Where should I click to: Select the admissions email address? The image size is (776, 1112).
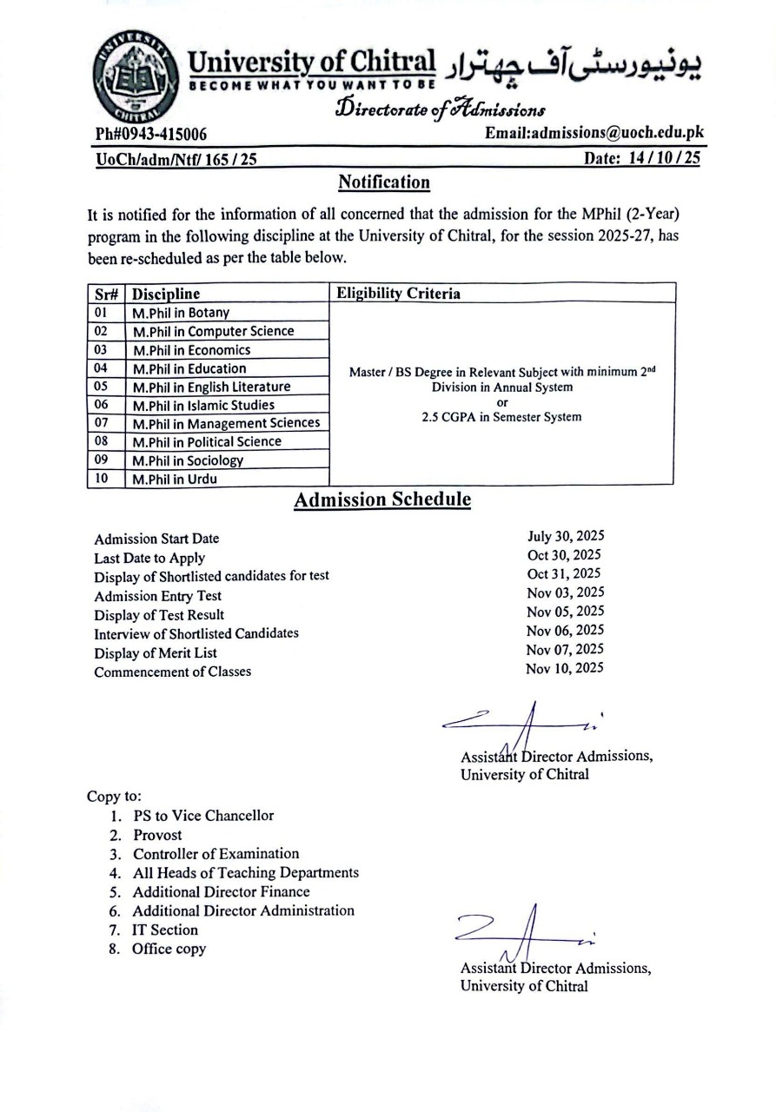[x=594, y=133]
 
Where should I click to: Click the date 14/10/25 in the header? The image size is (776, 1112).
[x=644, y=159]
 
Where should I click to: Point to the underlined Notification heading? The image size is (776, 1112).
[x=383, y=182]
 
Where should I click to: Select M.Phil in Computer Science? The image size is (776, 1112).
[x=213, y=331]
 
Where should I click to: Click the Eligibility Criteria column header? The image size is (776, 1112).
[x=398, y=294]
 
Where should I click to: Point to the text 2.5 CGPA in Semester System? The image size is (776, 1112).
[x=501, y=417]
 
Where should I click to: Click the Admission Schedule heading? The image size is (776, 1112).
[x=382, y=500]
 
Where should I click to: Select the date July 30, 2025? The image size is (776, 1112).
[x=565, y=536]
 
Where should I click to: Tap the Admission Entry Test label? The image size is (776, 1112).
[x=157, y=596]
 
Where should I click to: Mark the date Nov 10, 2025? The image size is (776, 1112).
[x=564, y=668]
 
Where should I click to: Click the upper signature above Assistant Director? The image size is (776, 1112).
[x=522, y=720]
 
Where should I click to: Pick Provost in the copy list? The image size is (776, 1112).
[x=157, y=835]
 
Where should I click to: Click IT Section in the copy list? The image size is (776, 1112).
[x=165, y=930]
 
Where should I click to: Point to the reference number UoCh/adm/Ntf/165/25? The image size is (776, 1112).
[x=175, y=160]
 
